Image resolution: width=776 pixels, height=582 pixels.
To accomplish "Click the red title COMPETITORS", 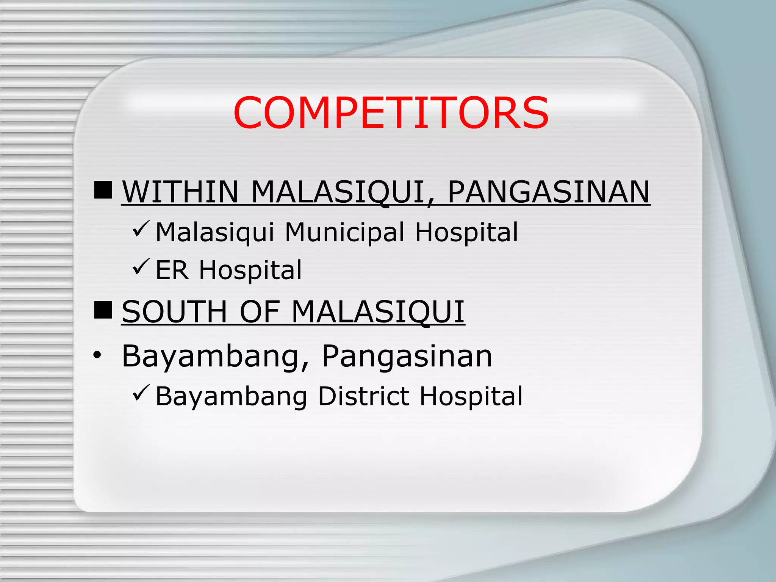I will (391, 113).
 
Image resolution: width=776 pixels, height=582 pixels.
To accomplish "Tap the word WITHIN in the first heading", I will (180, 192).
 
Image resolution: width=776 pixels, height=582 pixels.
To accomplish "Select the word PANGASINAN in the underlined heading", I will (549, 192).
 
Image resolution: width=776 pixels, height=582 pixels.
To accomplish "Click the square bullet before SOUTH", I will (103, 310).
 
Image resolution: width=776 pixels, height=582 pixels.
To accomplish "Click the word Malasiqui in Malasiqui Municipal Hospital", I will (215, 232).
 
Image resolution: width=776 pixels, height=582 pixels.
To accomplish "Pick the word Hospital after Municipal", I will (466, 232).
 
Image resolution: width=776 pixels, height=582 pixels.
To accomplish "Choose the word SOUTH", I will (174, 312).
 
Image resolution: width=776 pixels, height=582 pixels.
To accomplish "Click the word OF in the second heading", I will (260, 312).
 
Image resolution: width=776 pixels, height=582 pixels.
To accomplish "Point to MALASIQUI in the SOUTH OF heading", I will (378, 312).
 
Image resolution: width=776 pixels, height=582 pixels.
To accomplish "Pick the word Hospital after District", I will (471, 396).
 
